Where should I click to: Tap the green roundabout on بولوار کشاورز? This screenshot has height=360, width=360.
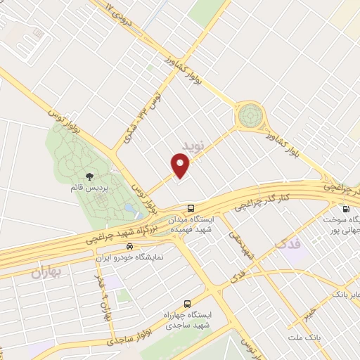tap(249, 115)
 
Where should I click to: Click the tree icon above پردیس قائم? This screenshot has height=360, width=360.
tap(89, 177)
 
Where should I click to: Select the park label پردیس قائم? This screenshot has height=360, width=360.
tap(89, 188)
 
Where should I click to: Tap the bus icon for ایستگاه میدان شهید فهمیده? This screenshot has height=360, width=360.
tap(191, 207)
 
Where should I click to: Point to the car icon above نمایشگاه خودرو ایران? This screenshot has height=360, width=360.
tap(129, 247)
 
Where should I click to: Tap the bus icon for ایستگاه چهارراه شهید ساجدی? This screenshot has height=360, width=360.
tap(186, 304)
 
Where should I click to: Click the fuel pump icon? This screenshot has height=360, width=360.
tap(345, 209)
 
